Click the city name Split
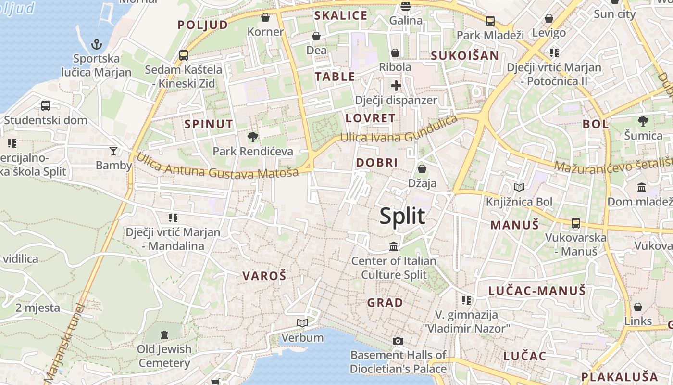[402, 216]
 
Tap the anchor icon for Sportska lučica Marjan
[97, 44]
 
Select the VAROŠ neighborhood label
[264, 276]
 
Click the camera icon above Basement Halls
[398, 341]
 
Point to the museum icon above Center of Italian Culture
[394, 246]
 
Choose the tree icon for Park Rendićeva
[252, 137]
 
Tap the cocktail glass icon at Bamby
[113, 151]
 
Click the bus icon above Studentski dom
[46, 105]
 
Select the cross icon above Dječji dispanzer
[396, 86]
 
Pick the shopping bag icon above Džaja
[422, 169]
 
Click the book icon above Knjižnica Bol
[519, 187]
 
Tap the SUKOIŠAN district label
[464, 55]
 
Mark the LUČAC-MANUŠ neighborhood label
[537, 291]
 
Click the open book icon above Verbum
[302, 323]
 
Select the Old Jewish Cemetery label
[164, 356]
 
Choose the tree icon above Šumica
[643, 121]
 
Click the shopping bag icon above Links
[638, 307]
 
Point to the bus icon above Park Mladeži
[490, 21]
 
